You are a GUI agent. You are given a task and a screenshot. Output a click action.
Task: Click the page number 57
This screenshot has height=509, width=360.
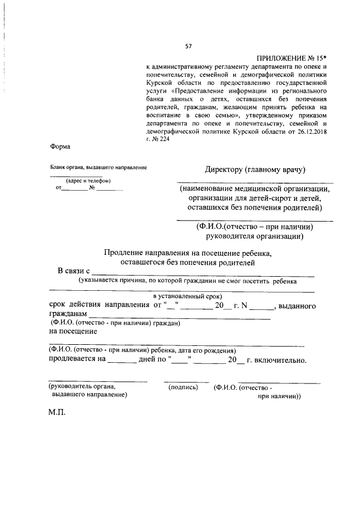click(x=188, y=46)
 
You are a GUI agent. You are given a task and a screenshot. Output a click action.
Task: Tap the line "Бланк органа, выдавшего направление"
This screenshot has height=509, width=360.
click(x=98, y=167)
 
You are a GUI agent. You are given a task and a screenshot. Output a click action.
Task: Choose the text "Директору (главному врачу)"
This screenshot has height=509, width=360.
click(x=255, y=170)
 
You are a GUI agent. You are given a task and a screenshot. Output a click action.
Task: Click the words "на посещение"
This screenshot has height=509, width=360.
click(x=70, y=331)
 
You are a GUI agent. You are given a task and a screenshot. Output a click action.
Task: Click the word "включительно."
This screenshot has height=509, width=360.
click(x=278, y=360)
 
